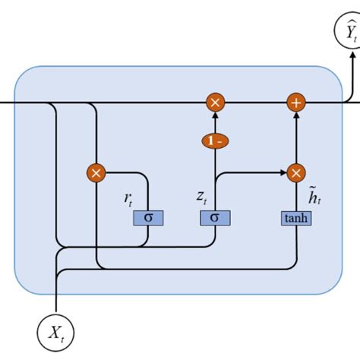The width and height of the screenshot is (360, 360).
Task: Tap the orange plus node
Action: pyautogui.click(x=295, y=102)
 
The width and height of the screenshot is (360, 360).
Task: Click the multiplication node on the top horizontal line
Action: pyautogui.click(x=215, y=102)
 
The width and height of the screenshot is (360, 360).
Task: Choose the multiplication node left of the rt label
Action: pyautogui.click(x=96, y=173)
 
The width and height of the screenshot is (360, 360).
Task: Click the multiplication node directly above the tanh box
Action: pyautogui.click(x=295, y=173)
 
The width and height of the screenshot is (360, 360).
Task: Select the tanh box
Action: pyautogui.click(x=295, y=219)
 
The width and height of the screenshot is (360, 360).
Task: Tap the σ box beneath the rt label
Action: pyautogui.click(x=148, y=218)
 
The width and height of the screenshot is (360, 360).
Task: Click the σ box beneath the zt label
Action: pyautogui.click(x=215, y=218)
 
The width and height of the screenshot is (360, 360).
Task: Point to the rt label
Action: pyautogui.click(x=130, y=199)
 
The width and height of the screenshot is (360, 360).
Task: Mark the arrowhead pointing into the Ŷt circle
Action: pyautogui.click(x=348, y=53)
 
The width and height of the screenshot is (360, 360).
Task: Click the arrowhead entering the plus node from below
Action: pyautogui.click(x=295, y=115)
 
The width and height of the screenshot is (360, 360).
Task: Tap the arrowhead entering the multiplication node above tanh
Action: pyautogui.click(x=282, y=173)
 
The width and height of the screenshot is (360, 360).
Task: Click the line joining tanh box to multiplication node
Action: pyautogui.click(x=295, y=196)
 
